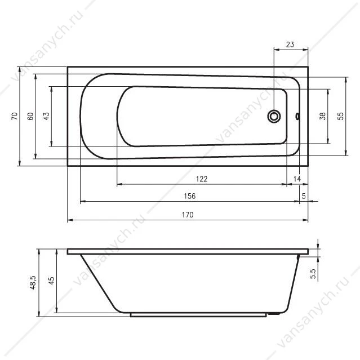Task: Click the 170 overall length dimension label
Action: (x=188, y=215)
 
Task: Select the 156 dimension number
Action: (x=190, y=196)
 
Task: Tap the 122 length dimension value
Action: (x=202, y=179)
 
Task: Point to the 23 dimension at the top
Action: (x=290, y=45)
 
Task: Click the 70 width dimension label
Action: (x=14, y=116)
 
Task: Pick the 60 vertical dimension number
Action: (x=30, y=116)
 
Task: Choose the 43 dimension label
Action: (x=46, y=116)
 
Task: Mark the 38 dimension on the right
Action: (x=323, y=116)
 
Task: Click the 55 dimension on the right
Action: (x=341, y=116)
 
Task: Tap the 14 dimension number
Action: (x=297, y=179)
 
